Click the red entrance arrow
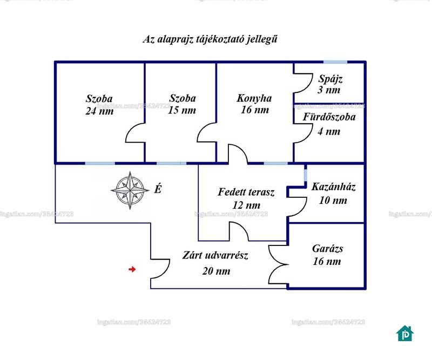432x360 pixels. point(132,269)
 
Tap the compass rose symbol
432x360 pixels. point(130,190)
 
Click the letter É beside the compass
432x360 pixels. point(158,189)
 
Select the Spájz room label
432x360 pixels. point(330,79)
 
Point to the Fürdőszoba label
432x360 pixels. point(329,117)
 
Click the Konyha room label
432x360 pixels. point(254,98)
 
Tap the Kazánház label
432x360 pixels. point(333,187)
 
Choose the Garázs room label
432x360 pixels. point(328,249)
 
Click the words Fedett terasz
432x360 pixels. point(246,192)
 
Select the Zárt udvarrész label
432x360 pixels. point(215,256)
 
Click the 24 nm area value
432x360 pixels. point(99,111)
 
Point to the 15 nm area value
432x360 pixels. point(182,110)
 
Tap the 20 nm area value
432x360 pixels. point(217,271)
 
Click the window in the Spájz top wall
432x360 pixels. point(335,62)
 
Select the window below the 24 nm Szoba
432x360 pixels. point(100,163)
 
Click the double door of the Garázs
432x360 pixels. point(278,264)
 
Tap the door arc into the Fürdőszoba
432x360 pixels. point(303,134)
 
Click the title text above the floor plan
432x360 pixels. point(210,39)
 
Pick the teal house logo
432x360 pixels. point(405,333)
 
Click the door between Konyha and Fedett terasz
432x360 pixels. point(238,154)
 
